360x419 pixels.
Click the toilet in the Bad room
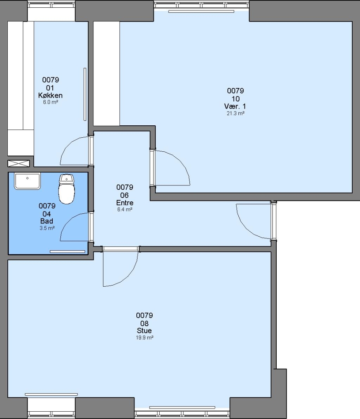coord(66,189)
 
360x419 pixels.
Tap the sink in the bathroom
coord(27,181)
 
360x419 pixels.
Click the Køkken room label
coord(50,95)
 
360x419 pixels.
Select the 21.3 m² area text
coord(236,113)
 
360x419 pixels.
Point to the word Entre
coord(125,203)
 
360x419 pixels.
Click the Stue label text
coord(144,331)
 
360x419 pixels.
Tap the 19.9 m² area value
coord(145,338)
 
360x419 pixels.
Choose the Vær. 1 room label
coord(235,106)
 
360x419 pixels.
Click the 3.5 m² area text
coord(47,228)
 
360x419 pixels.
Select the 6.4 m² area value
coord(125,209)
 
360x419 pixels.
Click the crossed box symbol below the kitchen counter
coord(19,164)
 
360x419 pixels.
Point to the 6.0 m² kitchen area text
coord(50,102)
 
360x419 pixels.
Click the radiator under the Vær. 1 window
coord(201,12)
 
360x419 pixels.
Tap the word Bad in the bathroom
coord(47,221)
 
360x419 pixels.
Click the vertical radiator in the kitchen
coord(85,94)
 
